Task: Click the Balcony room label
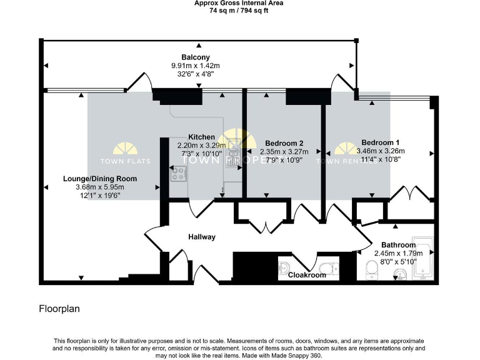(196, 57)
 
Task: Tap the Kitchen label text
(201, 137)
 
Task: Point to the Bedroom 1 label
(380, 142)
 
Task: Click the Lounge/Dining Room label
(99, 179)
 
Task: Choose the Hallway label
(202, 237)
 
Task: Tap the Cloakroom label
(306, 275)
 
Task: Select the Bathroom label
(394, 245)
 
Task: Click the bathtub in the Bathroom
(423, 259)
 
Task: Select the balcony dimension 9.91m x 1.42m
(196, 66)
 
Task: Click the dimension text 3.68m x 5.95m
(99, 187)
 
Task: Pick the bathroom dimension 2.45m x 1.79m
(398, 253)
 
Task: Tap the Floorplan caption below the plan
(59, 309)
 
